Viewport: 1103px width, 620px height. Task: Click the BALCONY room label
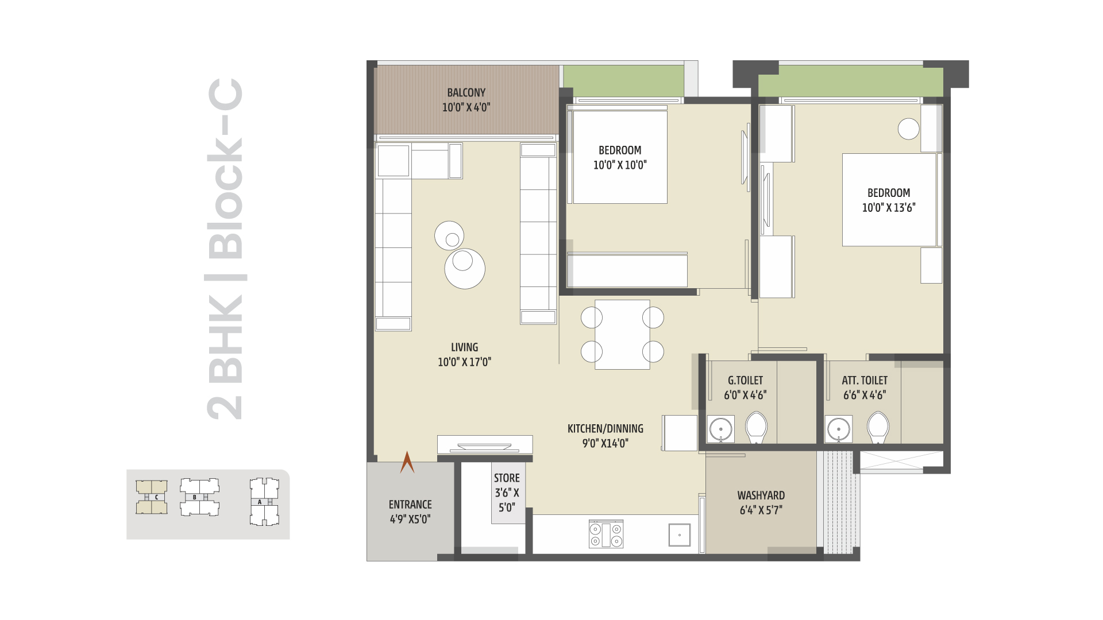[x=466, y=92]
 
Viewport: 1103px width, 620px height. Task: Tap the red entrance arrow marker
[x=407, y=462]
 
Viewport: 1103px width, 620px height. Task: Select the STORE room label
[x=507, y=478]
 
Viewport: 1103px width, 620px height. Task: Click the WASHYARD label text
[x=761, y=495]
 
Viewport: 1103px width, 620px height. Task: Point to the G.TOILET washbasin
[x=720, y=429]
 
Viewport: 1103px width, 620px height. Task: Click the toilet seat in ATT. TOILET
[x=878, y=428]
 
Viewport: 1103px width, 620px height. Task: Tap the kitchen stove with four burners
[x=606, y=534]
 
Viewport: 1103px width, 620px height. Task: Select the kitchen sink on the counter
[x=680, y=534]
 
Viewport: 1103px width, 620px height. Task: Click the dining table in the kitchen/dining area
[x=622, y=334]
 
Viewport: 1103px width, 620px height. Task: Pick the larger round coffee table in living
[x=465, y=268]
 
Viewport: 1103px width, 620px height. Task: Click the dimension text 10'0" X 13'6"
[x=888, y=208]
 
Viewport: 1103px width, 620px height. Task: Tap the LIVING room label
[x=464, y=347]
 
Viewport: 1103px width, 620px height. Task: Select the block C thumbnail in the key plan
[x=152, y=497]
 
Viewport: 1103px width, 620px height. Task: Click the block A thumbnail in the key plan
[x=264, y=501]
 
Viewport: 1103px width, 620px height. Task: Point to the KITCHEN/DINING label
[x=606, y=429]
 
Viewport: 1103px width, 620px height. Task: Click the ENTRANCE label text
[x=410, y=505]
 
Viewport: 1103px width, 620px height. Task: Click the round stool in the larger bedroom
[x=908, y=129]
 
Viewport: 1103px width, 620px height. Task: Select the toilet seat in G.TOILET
[x=756, y=428]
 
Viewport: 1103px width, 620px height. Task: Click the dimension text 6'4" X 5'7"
[x=761, y=510]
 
